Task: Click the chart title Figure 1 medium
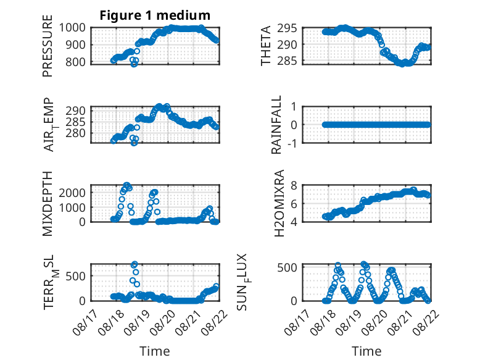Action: [x=155, y=15]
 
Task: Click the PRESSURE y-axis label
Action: [x=48, y=46]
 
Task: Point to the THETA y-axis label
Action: [x=266, y=46]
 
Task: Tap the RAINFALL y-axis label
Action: [x=276, y=125]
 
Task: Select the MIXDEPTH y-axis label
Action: [x=48, y=203]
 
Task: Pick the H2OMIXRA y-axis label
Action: [x=279, y=203]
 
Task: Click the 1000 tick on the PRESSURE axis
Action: [x=72, y=28]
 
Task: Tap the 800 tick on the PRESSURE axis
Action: [x=75, y=62]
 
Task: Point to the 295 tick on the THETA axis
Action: [x=287, y=28]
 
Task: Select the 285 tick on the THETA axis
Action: [x=287, y=61]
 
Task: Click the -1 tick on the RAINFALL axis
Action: [x=292, y=143]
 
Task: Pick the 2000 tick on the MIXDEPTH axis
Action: [x=72, y=193]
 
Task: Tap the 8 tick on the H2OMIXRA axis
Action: [x=294, y=185]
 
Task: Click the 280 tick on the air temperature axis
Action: [x=75, y=133]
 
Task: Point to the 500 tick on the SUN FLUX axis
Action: [x=287, y=267]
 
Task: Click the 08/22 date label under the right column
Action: [x=427, y=324]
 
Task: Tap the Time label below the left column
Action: [x=155, y=351]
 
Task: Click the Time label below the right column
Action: [x=366, y=351]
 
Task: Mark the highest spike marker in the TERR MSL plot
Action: [x=134, y=264]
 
